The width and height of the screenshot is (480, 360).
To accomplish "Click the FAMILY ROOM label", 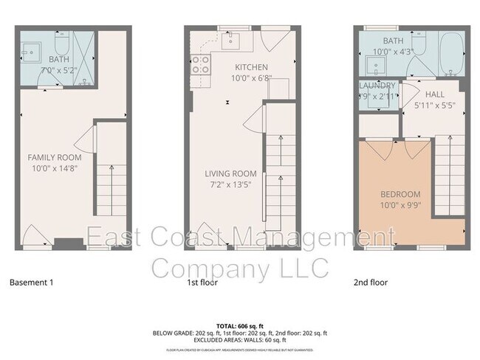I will pos(55,157).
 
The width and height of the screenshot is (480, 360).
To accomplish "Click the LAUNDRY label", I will pos(377,86).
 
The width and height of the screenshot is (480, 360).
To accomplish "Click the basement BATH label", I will pos(58,58).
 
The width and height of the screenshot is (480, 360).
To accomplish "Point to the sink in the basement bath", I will pos(30,50).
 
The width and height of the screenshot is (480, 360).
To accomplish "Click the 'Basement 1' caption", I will pos(33,282).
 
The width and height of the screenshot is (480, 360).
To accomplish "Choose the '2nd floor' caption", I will pos(371,282).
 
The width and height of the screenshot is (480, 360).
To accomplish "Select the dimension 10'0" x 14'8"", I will pos(55,169).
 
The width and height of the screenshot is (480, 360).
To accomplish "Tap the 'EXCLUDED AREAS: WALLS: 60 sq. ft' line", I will pos(239,340).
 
